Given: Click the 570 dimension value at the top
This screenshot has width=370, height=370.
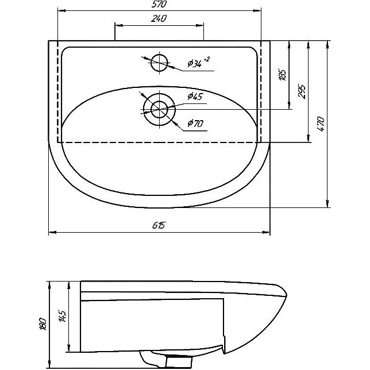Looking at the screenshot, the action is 159,4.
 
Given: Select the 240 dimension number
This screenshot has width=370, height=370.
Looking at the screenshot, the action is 159,18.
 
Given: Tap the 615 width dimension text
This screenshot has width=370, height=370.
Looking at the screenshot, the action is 159,225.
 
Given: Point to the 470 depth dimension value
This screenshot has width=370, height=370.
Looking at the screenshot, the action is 321,124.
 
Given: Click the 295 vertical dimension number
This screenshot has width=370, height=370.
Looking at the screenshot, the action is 302,91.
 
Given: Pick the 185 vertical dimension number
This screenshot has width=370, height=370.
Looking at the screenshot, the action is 283,75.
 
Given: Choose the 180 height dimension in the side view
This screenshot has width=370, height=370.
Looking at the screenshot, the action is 43,324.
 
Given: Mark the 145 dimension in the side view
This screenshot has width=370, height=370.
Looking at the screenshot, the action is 62,316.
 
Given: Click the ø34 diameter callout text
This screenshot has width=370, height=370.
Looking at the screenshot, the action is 194,63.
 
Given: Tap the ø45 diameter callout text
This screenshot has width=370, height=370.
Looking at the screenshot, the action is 195,96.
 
